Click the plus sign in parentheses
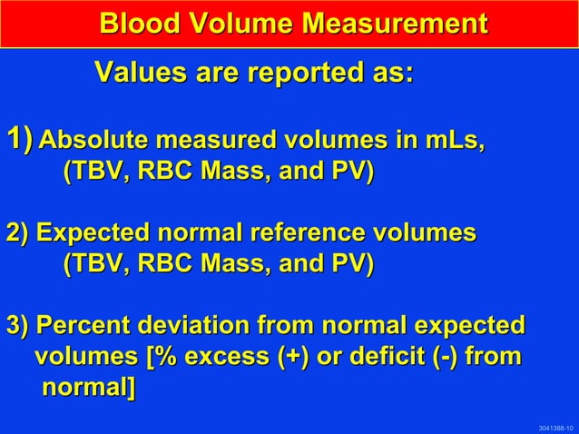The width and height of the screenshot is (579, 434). [x=293, y=358]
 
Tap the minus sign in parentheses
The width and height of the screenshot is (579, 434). [x=447, y=358]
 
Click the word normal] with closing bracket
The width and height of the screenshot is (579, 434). [x=88, y=390]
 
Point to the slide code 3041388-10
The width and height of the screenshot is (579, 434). [x=554, y=427]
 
